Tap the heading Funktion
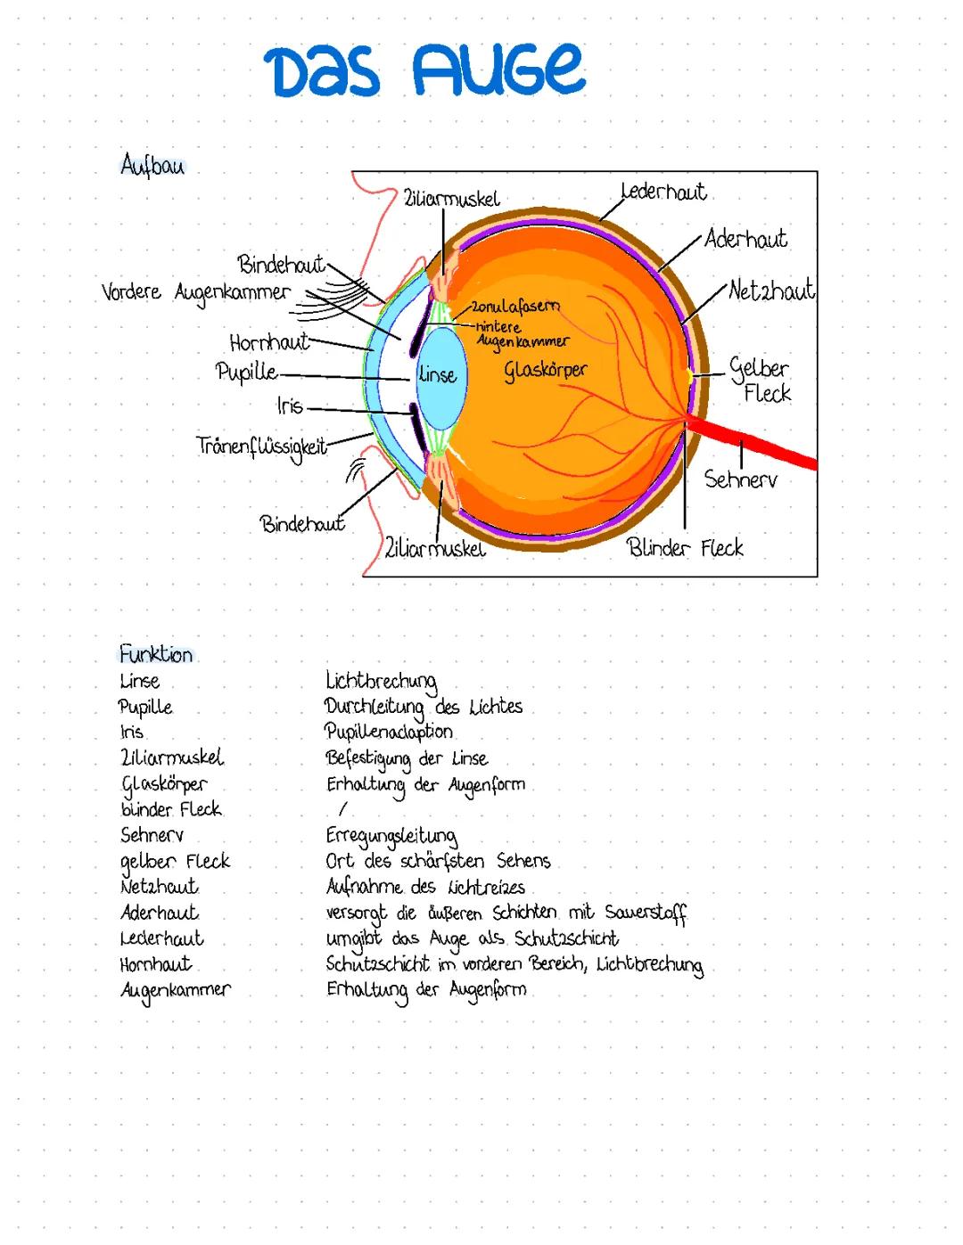click(156, 654)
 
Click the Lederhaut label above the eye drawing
click(663, 192)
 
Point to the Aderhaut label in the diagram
click(745, 239)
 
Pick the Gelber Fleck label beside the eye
click(760, 380)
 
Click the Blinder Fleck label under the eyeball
click(685, 547)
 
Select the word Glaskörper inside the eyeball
click(546, 369)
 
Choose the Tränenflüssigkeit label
click(261, 446)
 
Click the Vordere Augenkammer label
click(196, 292)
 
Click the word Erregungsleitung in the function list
click(391, 836)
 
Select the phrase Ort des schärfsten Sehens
click(438, 862)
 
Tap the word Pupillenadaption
click(389, 732)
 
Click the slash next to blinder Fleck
click(342, 809)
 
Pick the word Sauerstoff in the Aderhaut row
click(646, 913)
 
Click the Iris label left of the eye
click(290, 406)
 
